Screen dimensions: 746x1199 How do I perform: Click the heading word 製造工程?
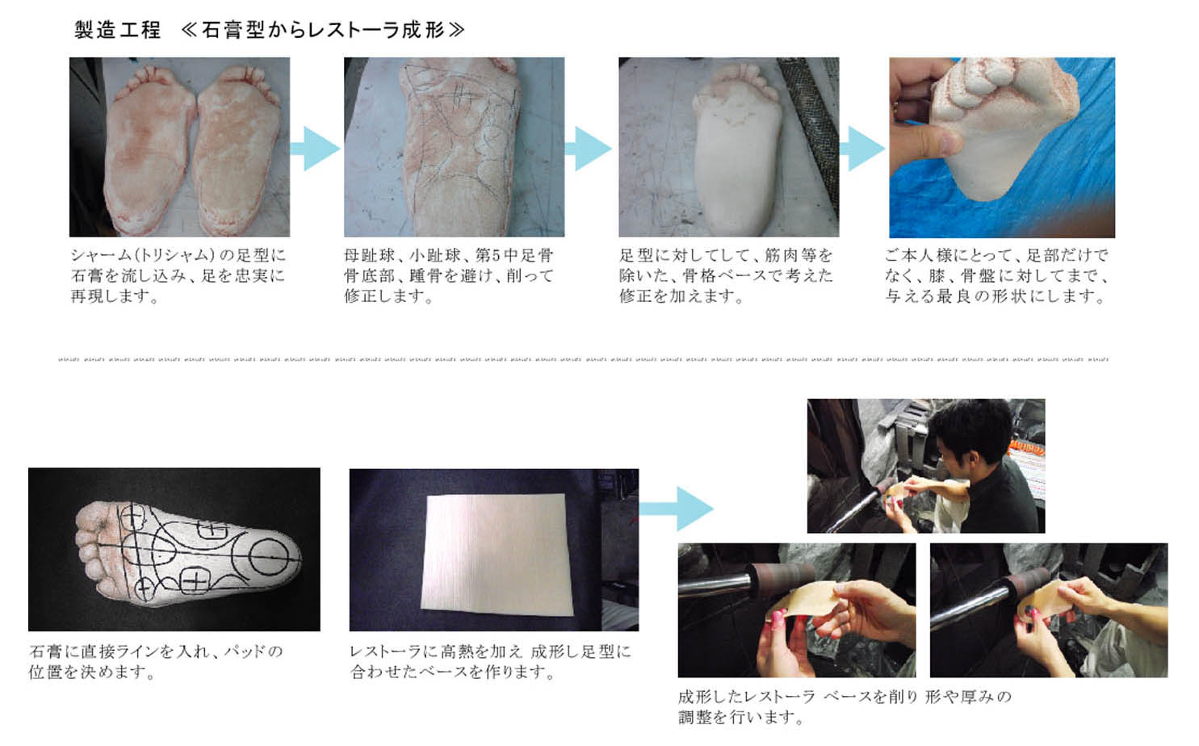click(117, 31)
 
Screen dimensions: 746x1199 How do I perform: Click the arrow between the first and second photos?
click(315, 149)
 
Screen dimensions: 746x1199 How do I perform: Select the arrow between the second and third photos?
click(589, 149)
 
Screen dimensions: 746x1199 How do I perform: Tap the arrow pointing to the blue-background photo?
click(862, 149)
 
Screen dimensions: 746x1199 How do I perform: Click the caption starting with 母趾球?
click(449, 275)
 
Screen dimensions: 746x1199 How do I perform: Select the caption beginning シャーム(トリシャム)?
click(178, 275)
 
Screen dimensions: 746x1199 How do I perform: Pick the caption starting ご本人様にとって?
click(996, 275)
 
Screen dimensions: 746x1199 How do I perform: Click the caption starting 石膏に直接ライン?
click(156, 660)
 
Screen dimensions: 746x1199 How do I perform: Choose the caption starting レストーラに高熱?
click(490, 660)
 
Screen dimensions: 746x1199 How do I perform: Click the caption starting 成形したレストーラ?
click(844, 706)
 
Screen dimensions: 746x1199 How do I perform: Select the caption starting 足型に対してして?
click(725, 275)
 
